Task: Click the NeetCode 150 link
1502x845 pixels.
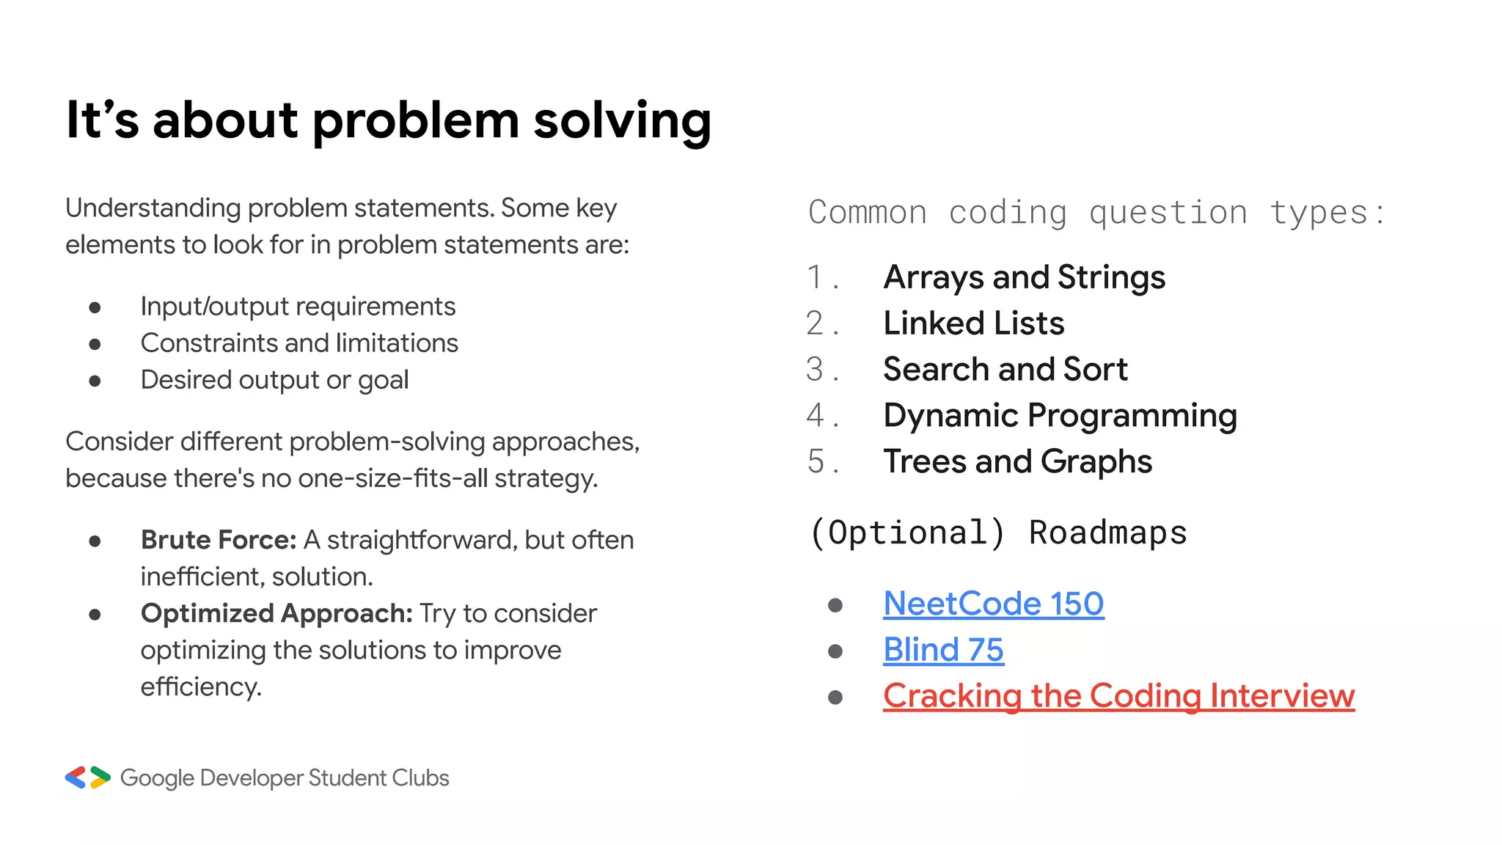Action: coord(993,604)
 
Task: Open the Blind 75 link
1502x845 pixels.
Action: coord(943,650)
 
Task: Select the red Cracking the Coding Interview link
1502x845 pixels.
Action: coord(1118,696)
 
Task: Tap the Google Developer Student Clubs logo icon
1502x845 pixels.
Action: coord(87,778)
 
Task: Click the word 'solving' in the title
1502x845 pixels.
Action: coord(622,120)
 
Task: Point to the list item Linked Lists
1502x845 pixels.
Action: coord(973,323)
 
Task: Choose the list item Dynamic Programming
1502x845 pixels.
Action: coord(1060,416)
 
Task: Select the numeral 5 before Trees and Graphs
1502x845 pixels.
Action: coord(816,462)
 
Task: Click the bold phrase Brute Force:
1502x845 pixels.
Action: coord(219,540)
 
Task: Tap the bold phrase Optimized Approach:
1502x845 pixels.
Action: coord(277,613)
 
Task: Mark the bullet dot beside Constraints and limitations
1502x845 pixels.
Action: coord(95,344)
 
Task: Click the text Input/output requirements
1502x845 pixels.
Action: coord(298,307)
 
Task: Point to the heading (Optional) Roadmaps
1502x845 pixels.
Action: coord(997,533)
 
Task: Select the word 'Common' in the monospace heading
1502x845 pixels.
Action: coord(868,213)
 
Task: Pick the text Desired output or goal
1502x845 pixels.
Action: coord(274,380)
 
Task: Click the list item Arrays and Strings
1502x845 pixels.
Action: coord(1024,277)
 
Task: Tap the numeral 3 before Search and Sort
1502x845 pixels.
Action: coord(815,370)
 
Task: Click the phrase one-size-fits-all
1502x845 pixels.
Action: coord(393,478)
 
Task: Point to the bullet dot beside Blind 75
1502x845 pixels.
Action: coord(835,651)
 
